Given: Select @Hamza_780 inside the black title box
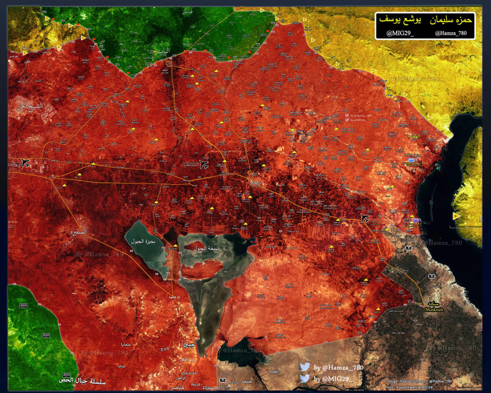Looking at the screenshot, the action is pos(449,33).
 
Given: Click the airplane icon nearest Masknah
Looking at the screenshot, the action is pos(365,218).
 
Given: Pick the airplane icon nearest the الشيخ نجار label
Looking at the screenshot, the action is pos(25,162).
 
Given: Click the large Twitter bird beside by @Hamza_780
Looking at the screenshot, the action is pos(305,368).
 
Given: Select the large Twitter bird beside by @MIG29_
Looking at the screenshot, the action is pos(305,379).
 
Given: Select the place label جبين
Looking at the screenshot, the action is pos(189,346).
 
